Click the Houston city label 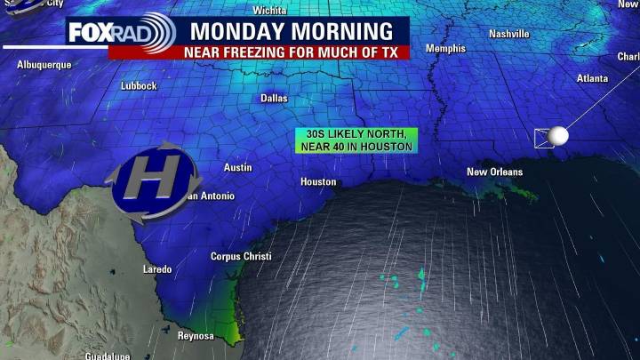pyautogui.click(x=318, y=182)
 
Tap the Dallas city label pyautogui.click(x=274, y=99)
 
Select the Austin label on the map pyautogui.click(x=237, y=167)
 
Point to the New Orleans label pyautogui.click(x=495, y=172)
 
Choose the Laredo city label pyautogui.click(x=157, y=269)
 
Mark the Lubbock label pyautogui.click(x=139, y=86)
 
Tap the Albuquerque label pyautogui.click(x=44, y=66)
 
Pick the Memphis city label pyautogui.click(x=445, y=49)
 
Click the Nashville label pyautogui.click(x=509, y=34)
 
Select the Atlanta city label pyautogui.click(x=592, y=78)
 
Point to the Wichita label pyautogui.click(x=269, y=11)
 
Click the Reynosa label pyautogui.click(x=195, y=336)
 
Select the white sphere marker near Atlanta pyautogui.click(x=558, y=135)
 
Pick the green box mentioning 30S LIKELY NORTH pyautogui.click(x=355, y=140)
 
